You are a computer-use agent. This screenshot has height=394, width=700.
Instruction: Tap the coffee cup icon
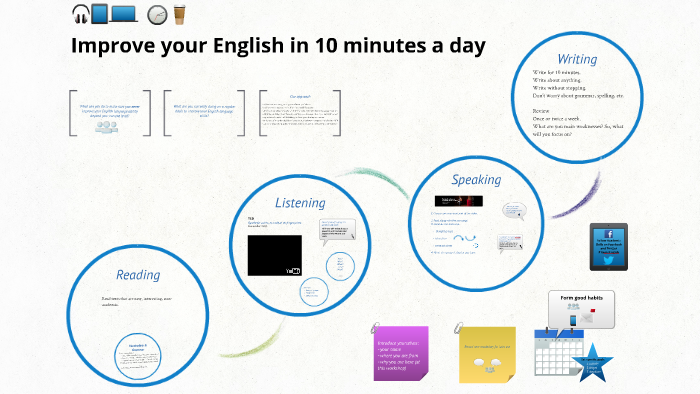180,14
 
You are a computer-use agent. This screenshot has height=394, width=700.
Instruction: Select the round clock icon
156,15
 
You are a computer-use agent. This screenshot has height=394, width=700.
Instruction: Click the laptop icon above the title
124,14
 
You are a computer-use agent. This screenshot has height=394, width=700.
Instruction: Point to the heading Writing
577,58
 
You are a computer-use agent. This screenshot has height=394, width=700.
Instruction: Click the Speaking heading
476,180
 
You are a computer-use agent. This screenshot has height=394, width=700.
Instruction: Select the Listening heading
300,202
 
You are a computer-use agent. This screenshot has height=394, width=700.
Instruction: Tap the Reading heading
138,274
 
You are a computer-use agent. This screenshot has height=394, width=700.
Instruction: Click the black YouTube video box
274,255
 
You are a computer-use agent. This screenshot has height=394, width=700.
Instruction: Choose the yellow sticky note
487,352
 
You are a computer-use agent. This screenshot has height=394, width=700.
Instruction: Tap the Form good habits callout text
581,296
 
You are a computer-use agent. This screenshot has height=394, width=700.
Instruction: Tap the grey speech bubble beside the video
336,231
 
